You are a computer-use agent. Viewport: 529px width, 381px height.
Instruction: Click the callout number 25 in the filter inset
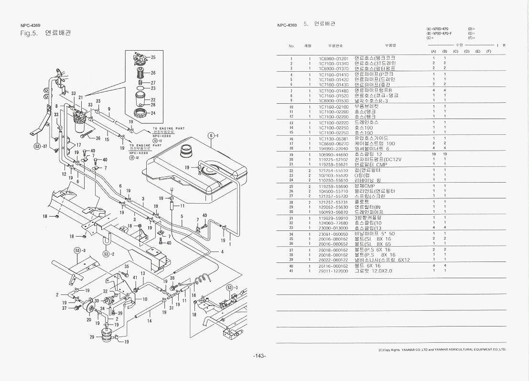pos(153,57)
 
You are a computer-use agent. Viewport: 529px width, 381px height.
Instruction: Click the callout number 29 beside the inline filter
pos(92,337)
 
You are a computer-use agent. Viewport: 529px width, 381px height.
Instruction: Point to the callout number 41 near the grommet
pos(135,278)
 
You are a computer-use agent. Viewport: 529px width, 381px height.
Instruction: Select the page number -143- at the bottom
pos(259,356)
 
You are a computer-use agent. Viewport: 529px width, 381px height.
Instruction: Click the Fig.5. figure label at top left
pos(29,33)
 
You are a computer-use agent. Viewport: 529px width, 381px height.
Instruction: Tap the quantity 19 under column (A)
pos(433,154)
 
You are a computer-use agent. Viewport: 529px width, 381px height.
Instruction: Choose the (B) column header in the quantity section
pos(444,51)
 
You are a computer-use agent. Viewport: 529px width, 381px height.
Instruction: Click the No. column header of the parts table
pos(291,46)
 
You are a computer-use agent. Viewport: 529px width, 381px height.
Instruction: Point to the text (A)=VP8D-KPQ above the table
pos(439,29)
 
